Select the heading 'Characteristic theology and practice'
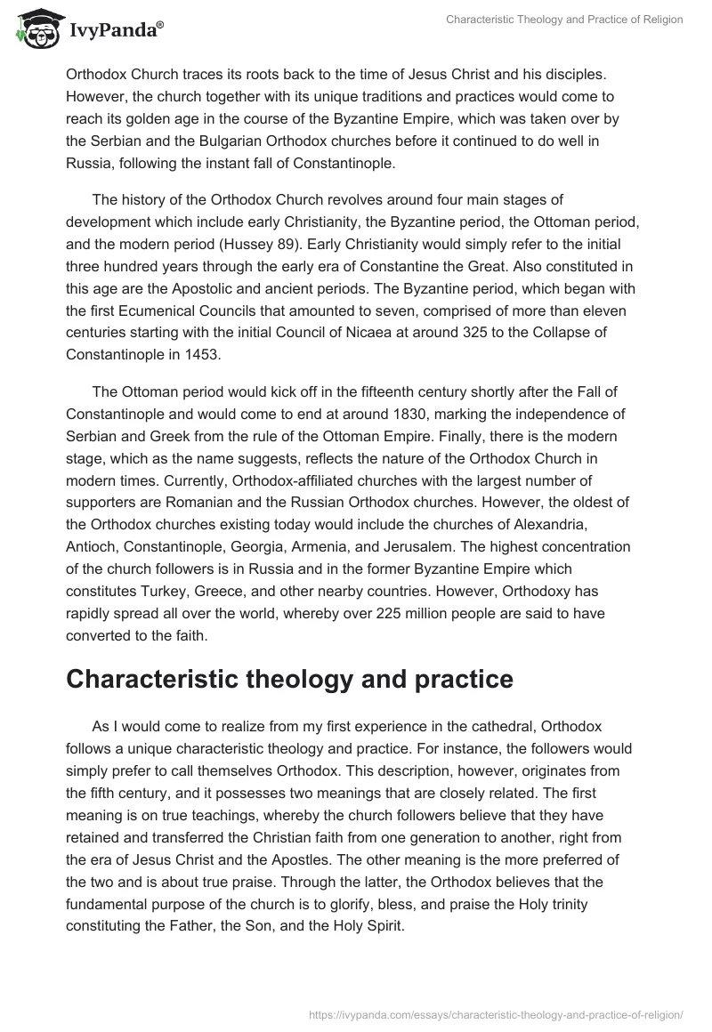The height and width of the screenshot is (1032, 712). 289,680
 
